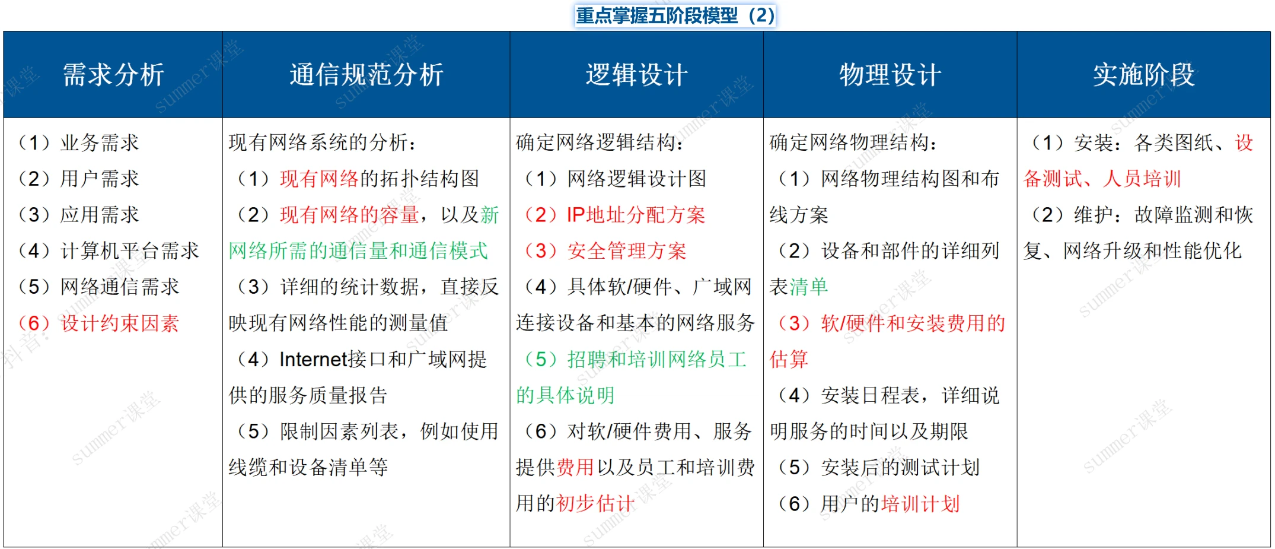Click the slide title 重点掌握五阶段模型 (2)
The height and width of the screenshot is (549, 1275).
click(x=675, y=15)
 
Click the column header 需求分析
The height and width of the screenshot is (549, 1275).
click(x=113, y=75)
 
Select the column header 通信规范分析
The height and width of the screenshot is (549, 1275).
click(x=366, y=75)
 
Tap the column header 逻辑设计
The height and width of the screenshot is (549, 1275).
click(x=637, y=75)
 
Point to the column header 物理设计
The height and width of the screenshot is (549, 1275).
click(x=890, y=75)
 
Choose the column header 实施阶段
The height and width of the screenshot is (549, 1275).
click(x=1144, y=75)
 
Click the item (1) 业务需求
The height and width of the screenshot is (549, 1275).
click(x=78, y=143)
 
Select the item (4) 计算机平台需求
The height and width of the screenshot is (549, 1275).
click(x=109, y=251)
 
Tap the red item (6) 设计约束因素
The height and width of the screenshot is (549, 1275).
click(x=98, y=323)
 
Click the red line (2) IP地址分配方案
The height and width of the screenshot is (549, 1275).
click(x=615, y=215)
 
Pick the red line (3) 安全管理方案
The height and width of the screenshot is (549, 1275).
click(x=605, y=251)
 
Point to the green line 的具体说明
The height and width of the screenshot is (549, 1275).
click(x=565, y=395)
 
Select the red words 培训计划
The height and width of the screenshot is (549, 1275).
click(x=920, y=504)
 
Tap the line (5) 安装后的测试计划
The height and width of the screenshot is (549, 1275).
click(x=878, y=468)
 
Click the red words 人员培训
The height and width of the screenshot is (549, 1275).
click(x=1142, y=179)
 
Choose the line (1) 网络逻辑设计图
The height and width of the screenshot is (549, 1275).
click(x=615, y=179)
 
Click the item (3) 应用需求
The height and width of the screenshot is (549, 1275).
click(x=78, y=215)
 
